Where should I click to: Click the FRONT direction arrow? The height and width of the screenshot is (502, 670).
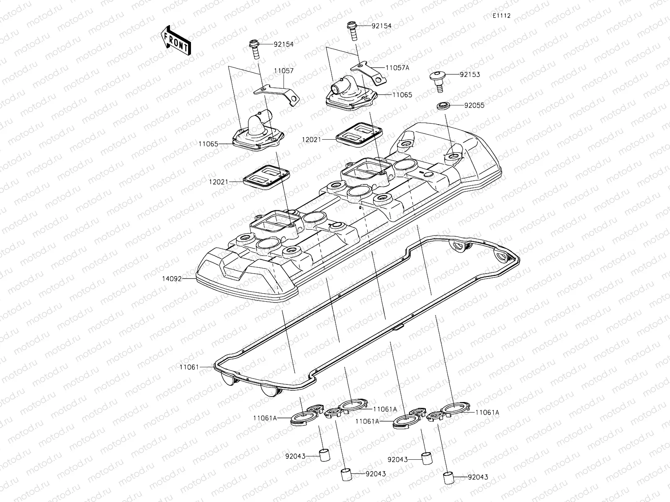click(175, 41)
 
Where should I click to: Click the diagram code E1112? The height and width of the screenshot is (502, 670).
click(501, 16)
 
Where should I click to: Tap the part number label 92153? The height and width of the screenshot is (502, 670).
click(469, 75)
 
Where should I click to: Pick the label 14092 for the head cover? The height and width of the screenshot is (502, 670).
click(172, 278)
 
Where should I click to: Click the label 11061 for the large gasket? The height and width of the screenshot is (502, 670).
click(189, 367)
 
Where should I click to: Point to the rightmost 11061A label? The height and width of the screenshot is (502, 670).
click(487, 412)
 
